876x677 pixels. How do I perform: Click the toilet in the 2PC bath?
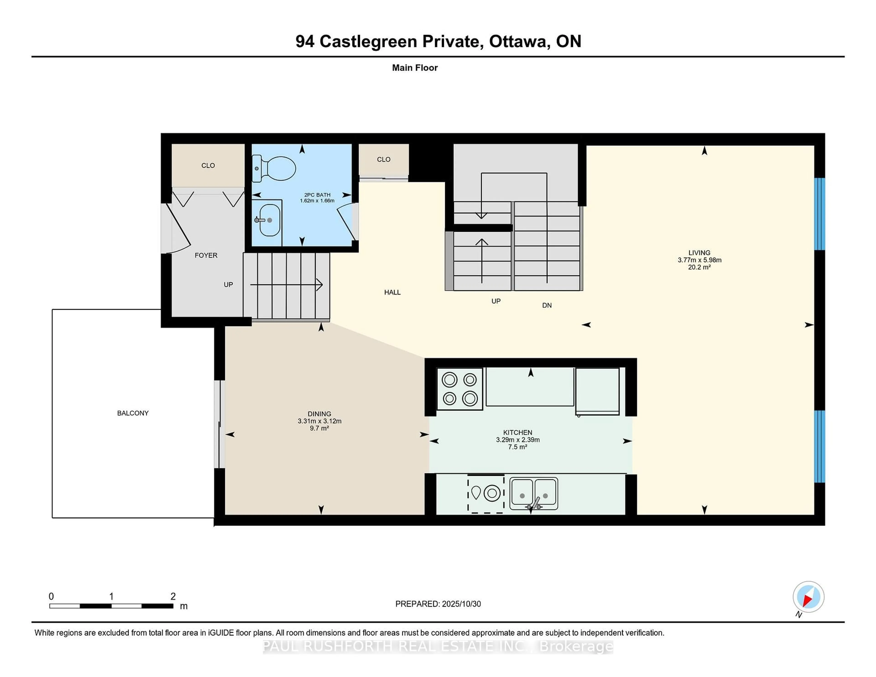(x=277, y=168)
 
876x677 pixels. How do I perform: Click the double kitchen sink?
(x=533, y=493)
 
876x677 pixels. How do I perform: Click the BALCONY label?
(x=133, y=413)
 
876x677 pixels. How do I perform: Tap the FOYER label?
(x=206, y=255)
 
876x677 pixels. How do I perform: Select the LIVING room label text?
(x=699, y=253)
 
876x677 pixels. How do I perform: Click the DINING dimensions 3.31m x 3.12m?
(x=319, y=421)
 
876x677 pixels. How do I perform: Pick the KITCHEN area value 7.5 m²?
(x=517, y=447)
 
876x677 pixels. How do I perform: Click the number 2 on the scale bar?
(x=173, y=596)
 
